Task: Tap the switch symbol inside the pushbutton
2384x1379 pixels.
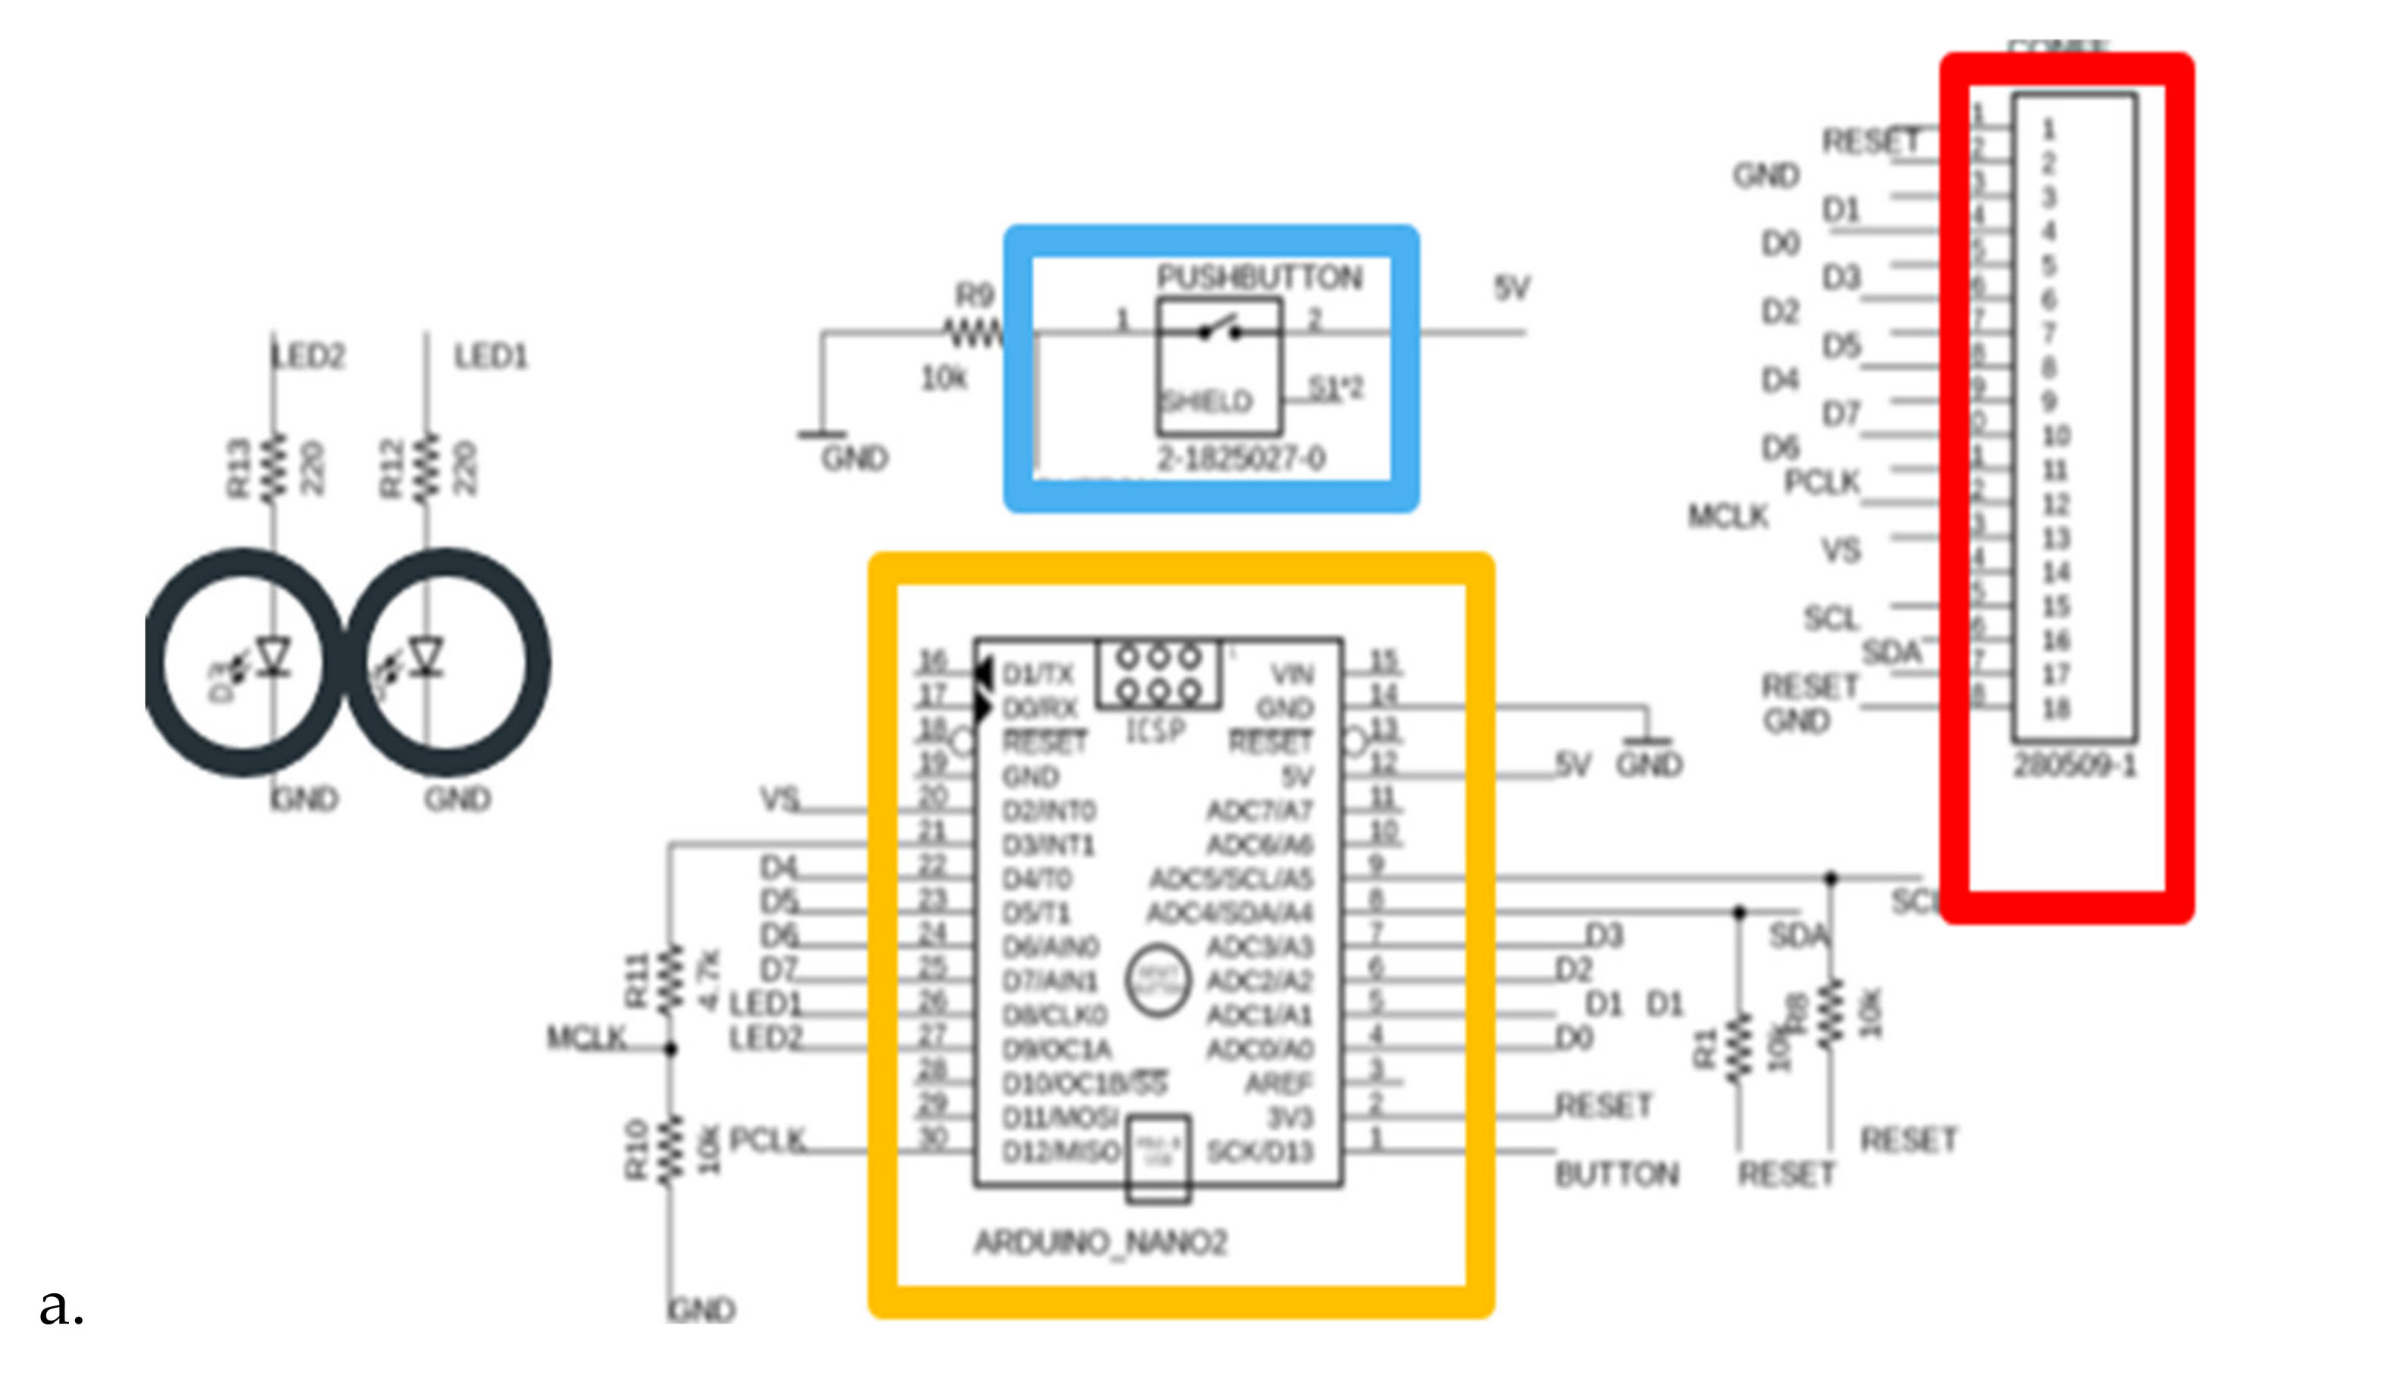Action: point(1219,329)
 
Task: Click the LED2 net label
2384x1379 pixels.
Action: point(310,357)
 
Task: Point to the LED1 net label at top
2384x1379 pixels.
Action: point(490,357)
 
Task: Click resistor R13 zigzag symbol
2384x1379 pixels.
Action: point(275,466)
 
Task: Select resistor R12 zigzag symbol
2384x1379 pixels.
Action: point(428,466)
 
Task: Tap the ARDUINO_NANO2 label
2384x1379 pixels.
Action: point(1100,1242)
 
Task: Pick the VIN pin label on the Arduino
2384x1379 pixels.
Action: point(1292,674)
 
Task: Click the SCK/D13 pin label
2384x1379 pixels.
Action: point(1260,1151)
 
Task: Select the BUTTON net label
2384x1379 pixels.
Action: point(1617,1175)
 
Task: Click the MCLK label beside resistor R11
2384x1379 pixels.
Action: point(587,1038)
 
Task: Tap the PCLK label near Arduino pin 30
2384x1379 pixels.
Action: point(767,1140)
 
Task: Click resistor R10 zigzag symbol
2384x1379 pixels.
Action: point(671,1149)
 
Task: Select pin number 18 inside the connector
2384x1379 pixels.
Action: point(2055,708)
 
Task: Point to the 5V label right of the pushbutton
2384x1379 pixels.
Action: point(1511,287)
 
